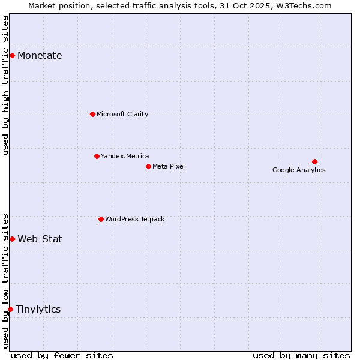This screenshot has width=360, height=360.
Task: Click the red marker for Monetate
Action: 12,56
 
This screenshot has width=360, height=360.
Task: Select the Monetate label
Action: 40,56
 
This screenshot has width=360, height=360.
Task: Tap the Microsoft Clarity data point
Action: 92,114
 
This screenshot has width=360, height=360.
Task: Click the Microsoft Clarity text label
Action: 122,114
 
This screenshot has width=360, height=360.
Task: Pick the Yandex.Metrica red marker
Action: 97,156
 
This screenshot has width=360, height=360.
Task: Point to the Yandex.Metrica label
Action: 125,156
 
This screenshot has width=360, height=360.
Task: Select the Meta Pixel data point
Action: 148,166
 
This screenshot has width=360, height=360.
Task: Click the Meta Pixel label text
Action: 169,166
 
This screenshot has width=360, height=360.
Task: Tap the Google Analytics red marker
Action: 314,161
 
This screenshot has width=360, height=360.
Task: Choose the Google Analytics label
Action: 299,170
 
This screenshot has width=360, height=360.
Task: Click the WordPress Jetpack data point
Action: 101,219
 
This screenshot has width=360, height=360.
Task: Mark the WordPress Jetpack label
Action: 134,219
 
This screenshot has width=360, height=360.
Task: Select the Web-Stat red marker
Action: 12,239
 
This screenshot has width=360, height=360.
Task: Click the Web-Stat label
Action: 40,239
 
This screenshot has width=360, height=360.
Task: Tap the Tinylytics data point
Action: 10,309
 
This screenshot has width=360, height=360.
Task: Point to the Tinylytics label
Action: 38,309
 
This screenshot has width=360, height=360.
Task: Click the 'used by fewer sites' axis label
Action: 62,355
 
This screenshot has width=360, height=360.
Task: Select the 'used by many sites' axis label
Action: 301,355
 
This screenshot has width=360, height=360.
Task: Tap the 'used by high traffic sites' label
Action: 6,85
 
